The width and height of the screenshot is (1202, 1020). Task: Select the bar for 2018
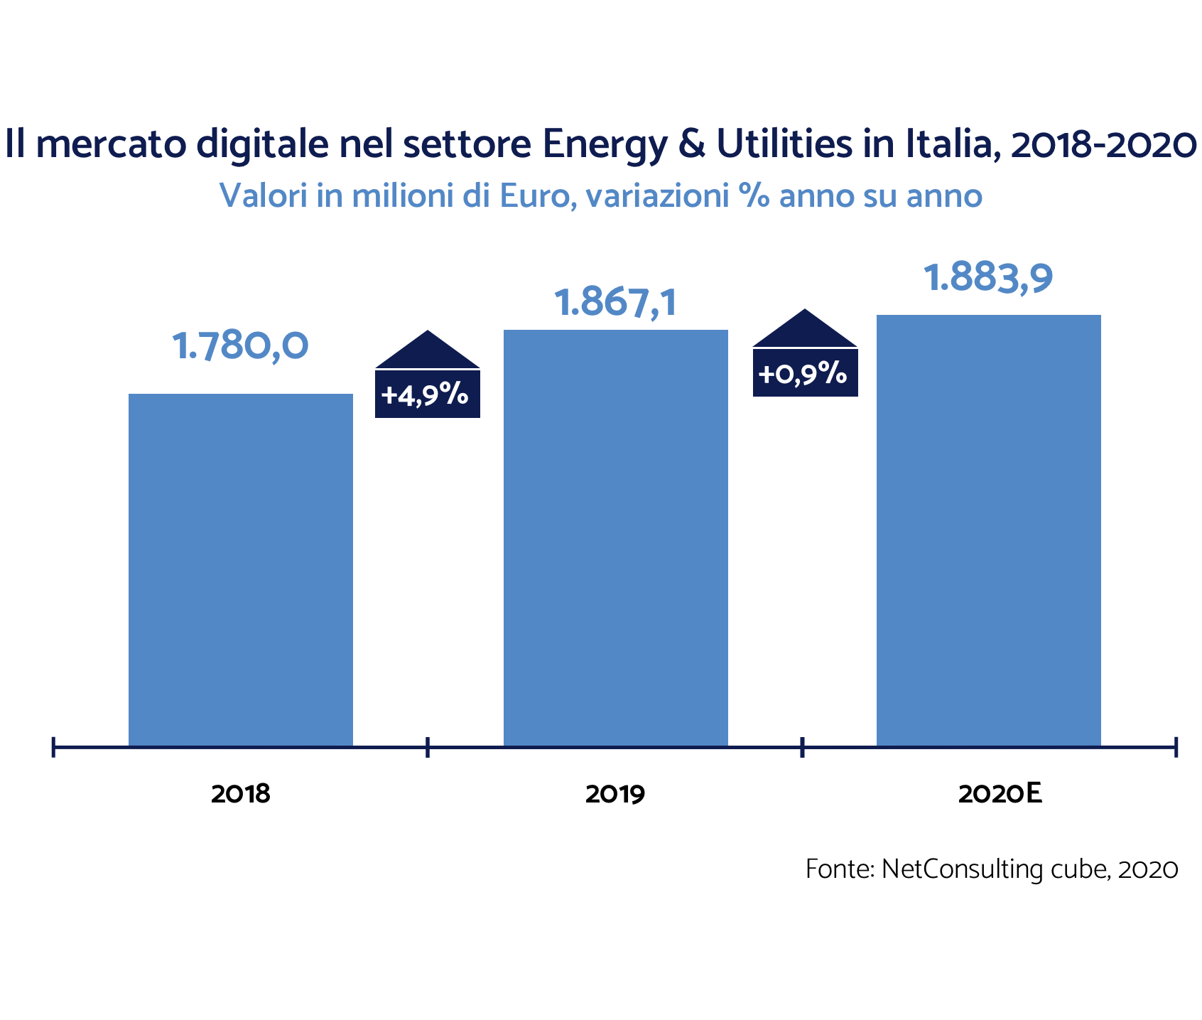[241, 569]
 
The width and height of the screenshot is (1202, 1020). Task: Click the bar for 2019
[616, 537]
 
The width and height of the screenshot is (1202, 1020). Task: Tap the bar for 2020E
[988, 530]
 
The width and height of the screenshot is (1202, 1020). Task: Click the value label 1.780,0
[241, 346]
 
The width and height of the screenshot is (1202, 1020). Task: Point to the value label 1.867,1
[616, 302]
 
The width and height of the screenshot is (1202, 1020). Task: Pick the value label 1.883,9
[988, 278]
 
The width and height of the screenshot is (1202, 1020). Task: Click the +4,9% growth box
[428, 394]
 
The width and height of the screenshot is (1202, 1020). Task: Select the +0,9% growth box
[805, 372]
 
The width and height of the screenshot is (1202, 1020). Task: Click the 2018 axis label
[241, 794]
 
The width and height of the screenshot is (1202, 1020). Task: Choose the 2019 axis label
[615, 794]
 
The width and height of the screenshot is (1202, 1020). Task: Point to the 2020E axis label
[1000, 794]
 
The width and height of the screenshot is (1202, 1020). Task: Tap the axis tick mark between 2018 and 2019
[428, 747]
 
